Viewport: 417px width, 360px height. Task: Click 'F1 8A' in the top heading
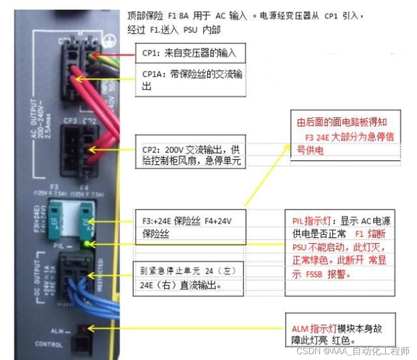pos(180,15)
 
